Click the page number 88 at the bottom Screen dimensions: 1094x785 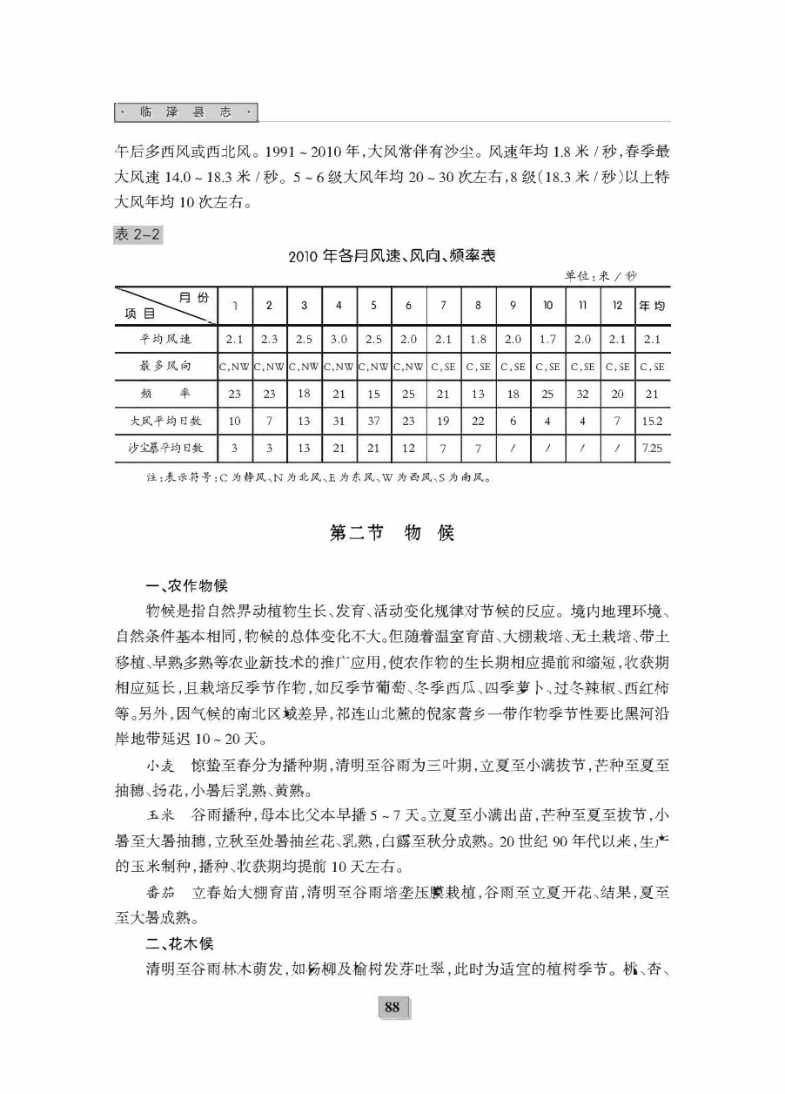pos(392,1008)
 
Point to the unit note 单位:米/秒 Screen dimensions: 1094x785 pos(600,275)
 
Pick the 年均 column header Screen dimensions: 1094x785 pos(653,306)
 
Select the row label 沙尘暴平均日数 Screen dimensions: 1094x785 pos(165,448)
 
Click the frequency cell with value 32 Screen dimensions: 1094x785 pos(583,394)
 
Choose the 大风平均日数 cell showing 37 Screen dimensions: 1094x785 pos(373,421)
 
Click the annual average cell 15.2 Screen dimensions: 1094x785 pos(653,421)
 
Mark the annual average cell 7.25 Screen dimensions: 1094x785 pos(653,448)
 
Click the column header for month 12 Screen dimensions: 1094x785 pos(618,306)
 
